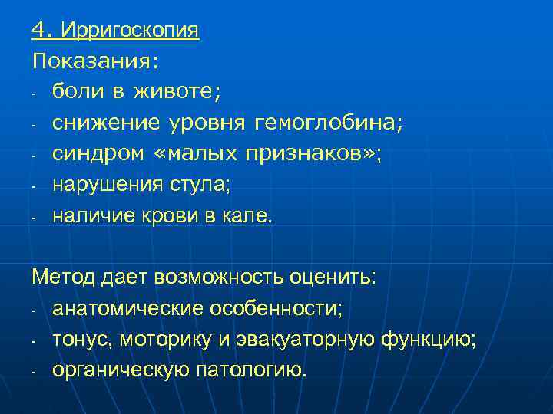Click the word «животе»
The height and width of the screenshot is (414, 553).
tap(174, 91)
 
